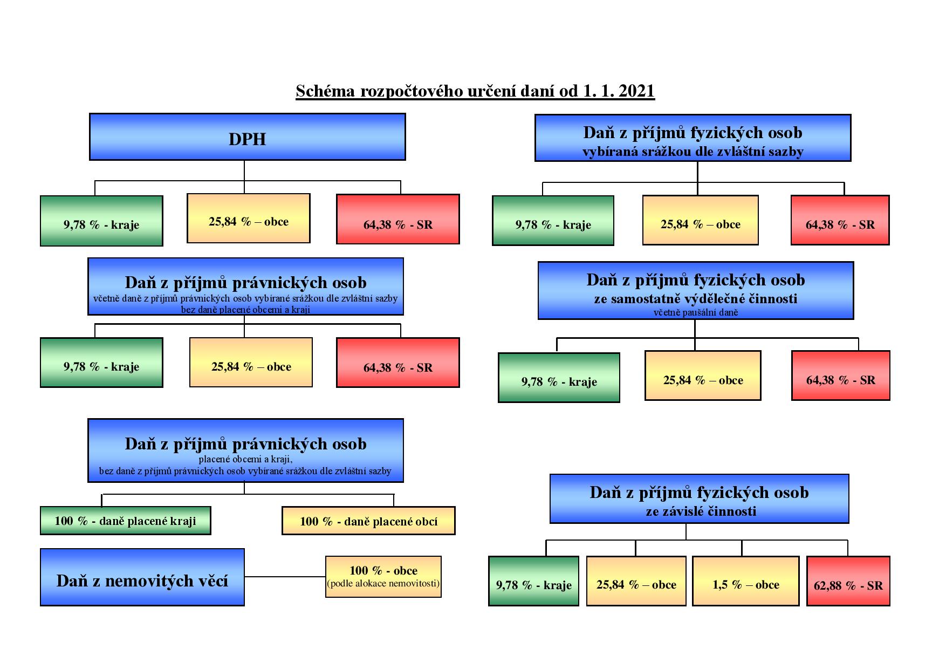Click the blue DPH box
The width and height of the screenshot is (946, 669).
tap(247, 137)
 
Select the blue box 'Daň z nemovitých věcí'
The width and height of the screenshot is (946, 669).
tap(142, 577)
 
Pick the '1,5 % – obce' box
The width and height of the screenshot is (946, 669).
tap(745, 581)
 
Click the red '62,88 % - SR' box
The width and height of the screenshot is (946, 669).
tap(848, 581)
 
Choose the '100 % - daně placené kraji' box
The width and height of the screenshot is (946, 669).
tap(125, 521)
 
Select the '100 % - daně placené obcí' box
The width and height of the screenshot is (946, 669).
tap(368, 521)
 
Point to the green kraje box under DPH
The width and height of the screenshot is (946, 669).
tap(101, 221)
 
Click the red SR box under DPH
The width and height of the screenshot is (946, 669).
tap(397, 220)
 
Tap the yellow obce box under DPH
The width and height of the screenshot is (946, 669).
tap(248, 219)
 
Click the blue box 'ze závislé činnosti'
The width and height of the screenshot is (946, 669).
tap(699, 499)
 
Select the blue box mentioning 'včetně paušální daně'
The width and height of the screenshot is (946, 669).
tap(695, 291)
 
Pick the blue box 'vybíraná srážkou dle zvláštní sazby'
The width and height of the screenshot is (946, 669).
tap(693, 138)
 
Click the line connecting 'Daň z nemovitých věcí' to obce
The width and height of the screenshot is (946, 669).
tap(285, 577)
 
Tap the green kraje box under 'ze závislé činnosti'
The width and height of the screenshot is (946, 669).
tap(533, 581)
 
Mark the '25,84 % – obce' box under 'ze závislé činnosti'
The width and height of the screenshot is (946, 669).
tap(636, 581)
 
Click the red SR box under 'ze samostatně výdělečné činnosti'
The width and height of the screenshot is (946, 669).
tap(840, 376)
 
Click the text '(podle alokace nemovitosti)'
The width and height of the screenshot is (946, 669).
tap(383, 583)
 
